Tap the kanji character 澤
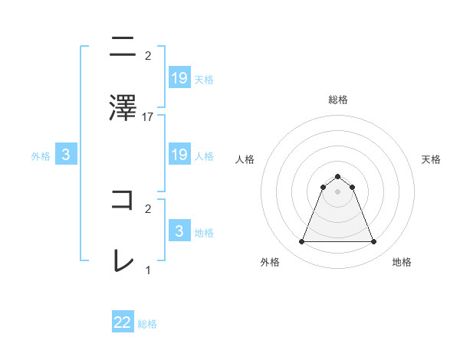point(123,106)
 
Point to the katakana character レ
point(123,260)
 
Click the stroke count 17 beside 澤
point(148,117)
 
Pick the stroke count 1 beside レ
point(148,270)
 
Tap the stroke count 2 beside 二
point(148,56)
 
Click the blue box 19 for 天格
point(179,77)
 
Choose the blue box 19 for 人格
point(179,155)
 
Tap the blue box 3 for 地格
point(179,231)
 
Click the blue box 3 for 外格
point(66,155)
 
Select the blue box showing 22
point(123,322)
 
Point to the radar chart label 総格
point(337,100)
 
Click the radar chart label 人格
point(245,159)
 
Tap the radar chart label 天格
point(431,159)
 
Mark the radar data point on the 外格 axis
point(301,242)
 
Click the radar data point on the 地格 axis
point(373,242)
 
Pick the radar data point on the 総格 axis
point(337,176)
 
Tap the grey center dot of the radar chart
point(337,191)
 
